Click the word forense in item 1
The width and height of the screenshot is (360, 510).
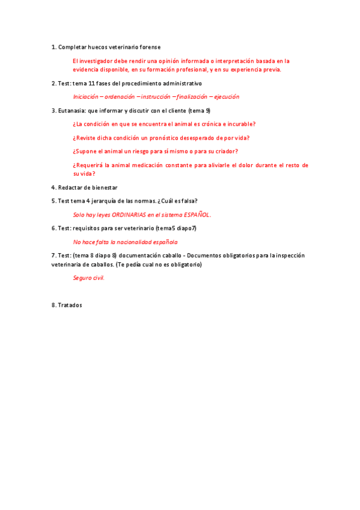(x=149, y=47)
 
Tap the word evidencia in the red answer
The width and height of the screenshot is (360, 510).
(x=86, y=69)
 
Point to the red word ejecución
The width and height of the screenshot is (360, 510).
(x=225, y=96)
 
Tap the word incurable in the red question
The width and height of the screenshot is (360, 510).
(x=241, y=124)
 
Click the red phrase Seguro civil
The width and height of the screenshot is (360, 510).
(x=89, y=278)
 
